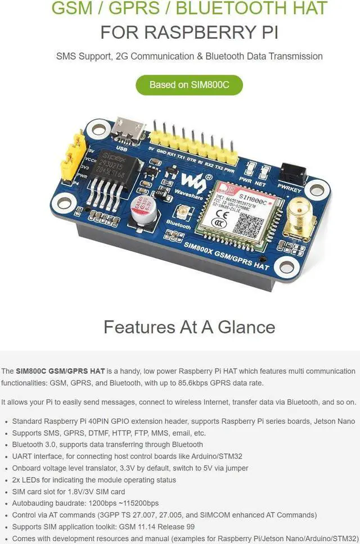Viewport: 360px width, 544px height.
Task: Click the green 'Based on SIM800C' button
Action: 189,85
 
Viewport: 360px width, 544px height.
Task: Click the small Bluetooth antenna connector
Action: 182,212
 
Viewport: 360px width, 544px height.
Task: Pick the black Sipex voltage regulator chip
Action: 116,168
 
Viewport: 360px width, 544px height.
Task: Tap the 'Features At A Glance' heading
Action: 189,327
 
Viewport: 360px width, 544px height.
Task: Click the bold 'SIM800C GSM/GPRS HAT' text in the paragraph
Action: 60,371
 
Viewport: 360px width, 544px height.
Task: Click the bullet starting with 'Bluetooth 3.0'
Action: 107,445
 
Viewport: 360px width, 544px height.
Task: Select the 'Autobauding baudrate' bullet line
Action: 85,503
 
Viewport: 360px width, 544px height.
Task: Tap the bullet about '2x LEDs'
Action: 94,479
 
